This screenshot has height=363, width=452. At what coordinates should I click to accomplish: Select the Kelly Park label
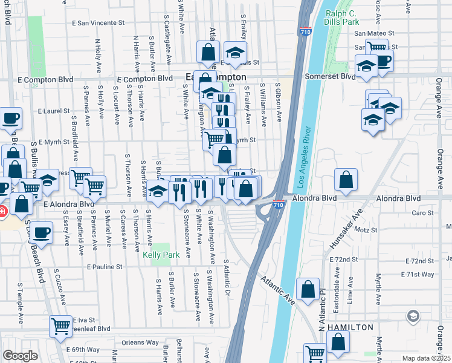tap(161, 255)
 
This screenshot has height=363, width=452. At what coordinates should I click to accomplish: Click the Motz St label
tap(366, 230)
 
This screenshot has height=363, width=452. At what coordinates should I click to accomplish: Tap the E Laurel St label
tap(54, 111)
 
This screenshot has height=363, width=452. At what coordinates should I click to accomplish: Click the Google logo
tap(20, 356)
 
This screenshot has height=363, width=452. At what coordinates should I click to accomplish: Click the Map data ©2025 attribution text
tap(426, 358)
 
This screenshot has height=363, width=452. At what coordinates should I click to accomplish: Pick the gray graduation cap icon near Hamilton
tap(413, 315)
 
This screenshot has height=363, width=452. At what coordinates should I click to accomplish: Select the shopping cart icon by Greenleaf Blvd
tap(60, 325)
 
